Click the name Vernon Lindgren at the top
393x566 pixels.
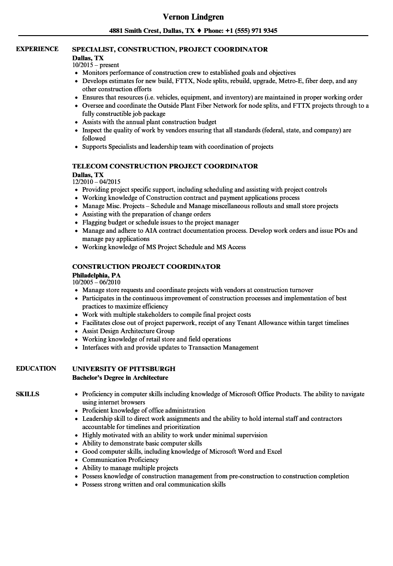coord(193,17)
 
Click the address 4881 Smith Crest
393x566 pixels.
coord(134,31)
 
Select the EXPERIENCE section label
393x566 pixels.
coord(37,49)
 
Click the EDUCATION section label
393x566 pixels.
coord(36,368)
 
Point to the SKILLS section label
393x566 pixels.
coord(27,394)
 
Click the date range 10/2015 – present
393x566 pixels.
coord(96,65)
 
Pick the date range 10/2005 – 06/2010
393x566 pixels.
coord(96,283)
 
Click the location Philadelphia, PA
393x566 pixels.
coord(96,275)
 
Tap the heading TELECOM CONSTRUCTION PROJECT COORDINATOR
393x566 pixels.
coord(165,166)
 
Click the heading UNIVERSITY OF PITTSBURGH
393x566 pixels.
coord(124,369)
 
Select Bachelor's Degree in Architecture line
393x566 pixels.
coord(120,377)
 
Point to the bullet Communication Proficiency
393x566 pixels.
coord(120,460)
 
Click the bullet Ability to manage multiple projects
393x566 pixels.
coord(130,468)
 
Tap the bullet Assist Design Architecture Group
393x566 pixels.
coord(128,331)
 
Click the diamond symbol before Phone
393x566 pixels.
coord(199,31)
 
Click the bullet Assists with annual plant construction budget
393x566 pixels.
coord(149,122)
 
